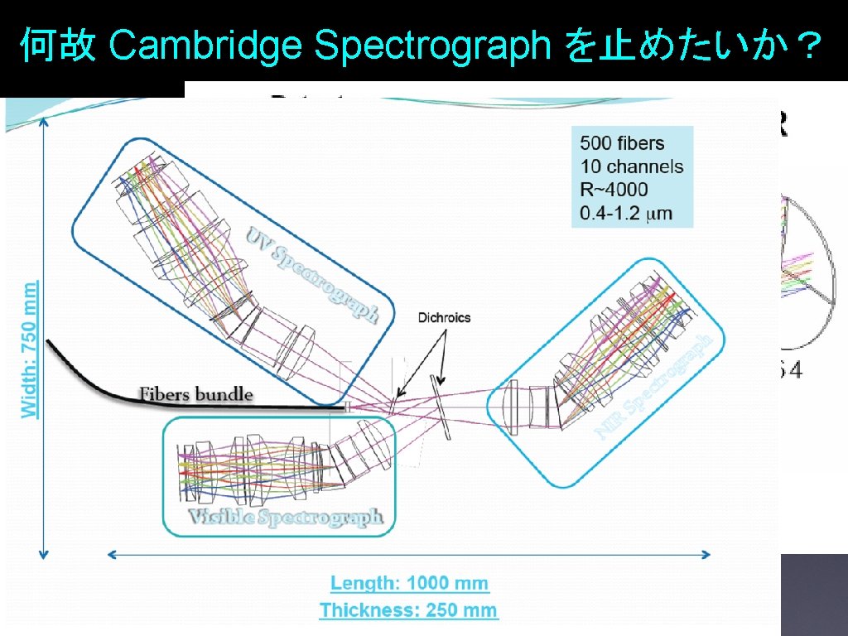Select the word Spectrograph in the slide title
(x=432, y=48)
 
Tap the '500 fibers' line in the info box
(x=622, y=142)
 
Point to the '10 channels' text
(x=632, y=166)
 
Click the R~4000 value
(x=614, y=190)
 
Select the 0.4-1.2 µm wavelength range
(x=626, y=214)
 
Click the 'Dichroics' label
(x=444, y=317)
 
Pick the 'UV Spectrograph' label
(x=313, y=274)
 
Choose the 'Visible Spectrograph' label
(x=287, y=518)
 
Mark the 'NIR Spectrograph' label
(x=654, y=388)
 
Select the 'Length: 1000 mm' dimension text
(x=410, y=583)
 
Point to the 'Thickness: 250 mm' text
(x=409, y=611)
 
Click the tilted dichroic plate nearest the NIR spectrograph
(x=441, y=407)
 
